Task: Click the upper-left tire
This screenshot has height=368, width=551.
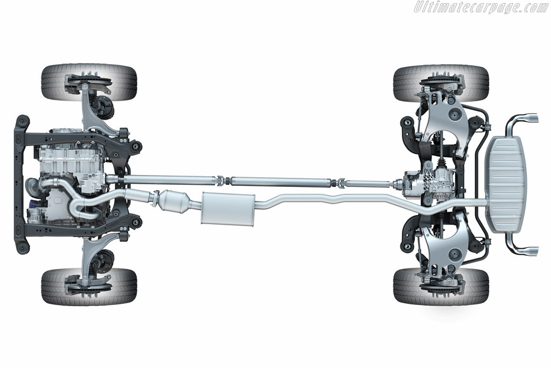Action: (x=89, y=82)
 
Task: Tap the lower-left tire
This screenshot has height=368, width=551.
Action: (x=89, y=287)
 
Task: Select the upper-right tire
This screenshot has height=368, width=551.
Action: (x=441, y=84)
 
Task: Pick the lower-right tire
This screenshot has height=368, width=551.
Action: (x=441, y=287)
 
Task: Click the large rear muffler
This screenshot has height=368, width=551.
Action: (x=507, y=184)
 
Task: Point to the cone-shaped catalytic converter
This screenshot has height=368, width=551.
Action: (x=174, y=201)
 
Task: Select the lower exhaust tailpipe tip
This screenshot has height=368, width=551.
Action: (x=528, y=251)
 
